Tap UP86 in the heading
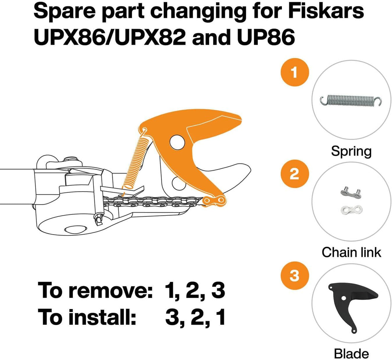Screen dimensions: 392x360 [266, 37]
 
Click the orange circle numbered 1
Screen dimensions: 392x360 [294, 72]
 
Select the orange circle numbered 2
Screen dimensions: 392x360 [294, 174]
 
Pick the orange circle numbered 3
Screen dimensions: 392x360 [294, 276]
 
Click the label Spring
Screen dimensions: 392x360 [351, 151]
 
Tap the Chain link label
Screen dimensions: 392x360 [351, 252]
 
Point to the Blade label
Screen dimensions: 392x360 [351, 354]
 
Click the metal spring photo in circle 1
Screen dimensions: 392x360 [351, 101]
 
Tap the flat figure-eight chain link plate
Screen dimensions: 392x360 [351, 210]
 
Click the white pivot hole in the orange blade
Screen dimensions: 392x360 [177, 142]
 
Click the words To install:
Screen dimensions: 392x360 [87, 317]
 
